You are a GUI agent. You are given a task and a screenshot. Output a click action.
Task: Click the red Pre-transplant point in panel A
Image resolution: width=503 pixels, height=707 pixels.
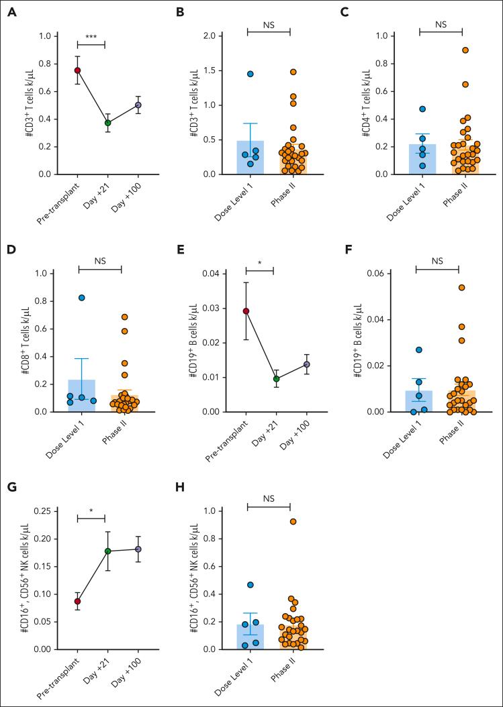[78, 70]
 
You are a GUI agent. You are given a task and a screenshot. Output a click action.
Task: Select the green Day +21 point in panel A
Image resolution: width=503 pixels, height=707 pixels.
[107, 123]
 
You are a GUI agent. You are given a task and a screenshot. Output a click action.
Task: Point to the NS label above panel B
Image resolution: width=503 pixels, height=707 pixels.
[269, 24]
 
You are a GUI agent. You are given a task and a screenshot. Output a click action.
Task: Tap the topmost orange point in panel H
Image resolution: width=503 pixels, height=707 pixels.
[293, 521]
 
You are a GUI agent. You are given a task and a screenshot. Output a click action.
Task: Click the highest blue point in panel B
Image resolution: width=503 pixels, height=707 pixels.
[250, 74]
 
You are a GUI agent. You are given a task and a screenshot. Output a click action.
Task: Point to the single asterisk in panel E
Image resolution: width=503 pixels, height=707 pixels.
[260, 266]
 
